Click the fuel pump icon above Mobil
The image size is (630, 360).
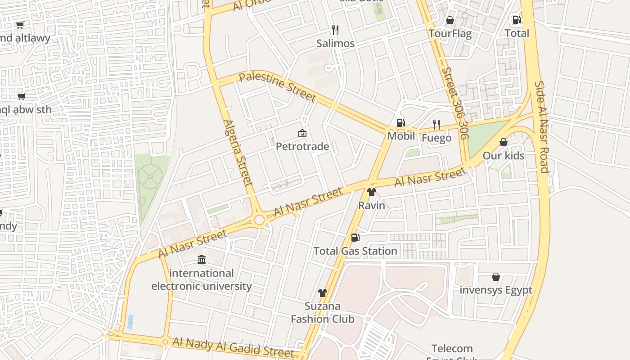400,123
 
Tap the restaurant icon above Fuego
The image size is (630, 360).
436,124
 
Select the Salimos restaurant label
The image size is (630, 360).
335,44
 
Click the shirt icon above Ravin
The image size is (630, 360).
371,192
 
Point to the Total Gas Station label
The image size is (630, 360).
355,251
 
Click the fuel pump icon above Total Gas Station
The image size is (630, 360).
355,237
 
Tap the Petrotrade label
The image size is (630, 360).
302,147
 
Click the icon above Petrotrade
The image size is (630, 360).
302,133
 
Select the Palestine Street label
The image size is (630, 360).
278,86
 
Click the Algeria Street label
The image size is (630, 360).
238,153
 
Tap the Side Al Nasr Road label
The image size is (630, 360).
541,127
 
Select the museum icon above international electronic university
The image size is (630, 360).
202,260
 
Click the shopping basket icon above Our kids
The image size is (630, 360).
503,142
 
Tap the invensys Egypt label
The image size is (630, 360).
496,290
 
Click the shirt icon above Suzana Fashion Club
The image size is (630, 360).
322,293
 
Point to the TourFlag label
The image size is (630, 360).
450,34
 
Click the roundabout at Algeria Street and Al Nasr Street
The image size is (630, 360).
259,220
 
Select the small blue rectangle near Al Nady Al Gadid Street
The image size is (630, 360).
130,322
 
